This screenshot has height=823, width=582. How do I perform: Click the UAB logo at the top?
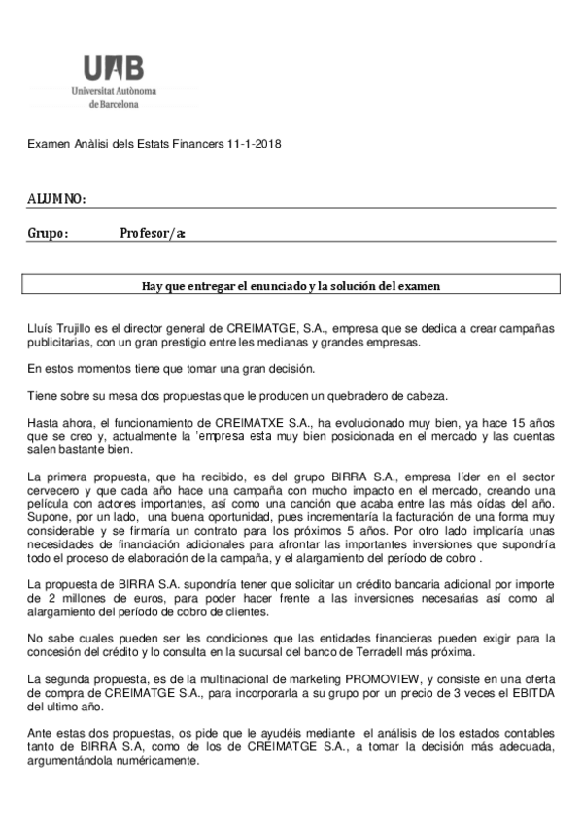point(113,68)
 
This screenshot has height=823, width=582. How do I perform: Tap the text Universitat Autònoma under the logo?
point(114,90)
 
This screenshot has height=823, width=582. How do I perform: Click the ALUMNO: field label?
point(56,199)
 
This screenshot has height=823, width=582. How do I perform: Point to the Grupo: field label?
point(48,233)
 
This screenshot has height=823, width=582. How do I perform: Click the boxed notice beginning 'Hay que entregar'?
point(291,285)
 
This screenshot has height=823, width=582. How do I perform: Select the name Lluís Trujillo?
point(61,330)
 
